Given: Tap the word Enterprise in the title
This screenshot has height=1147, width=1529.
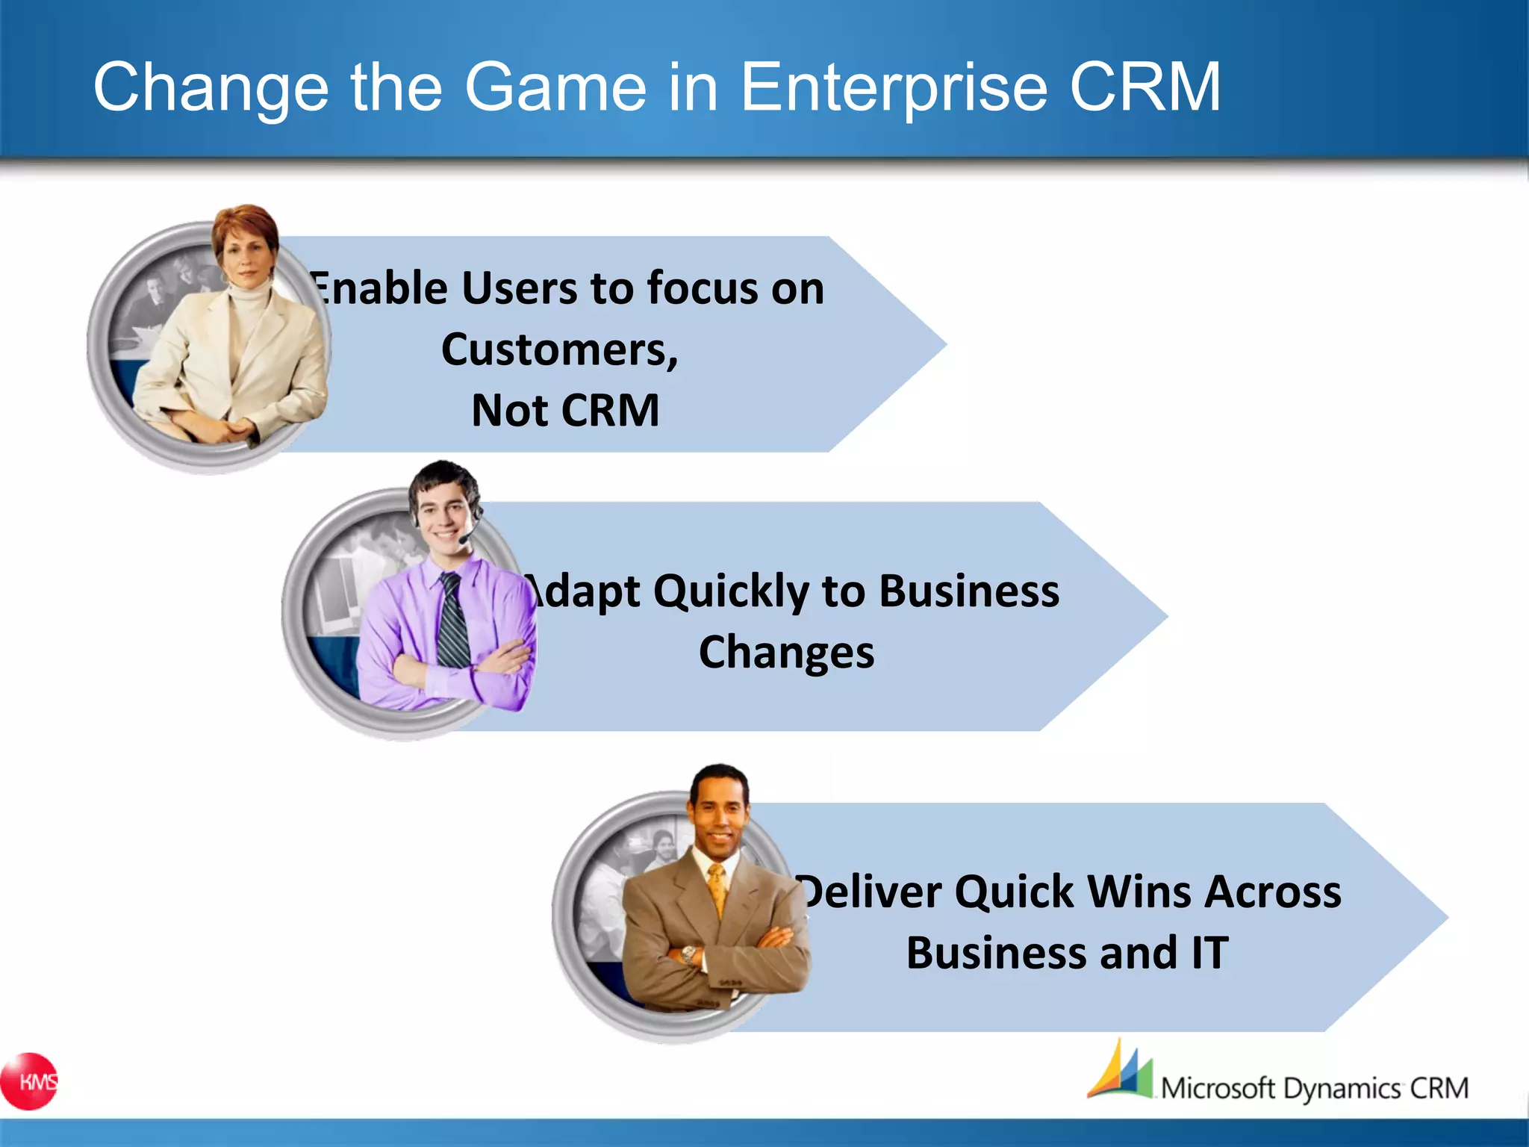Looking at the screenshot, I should click(894, 88).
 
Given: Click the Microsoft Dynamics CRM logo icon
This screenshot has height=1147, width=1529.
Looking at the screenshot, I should click(1120, 1072).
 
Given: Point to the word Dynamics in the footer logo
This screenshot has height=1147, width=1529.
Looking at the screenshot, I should click(1342, 1089).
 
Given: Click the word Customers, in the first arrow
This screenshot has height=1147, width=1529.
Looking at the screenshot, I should click(559, 349).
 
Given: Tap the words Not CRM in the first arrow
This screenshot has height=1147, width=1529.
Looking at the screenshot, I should click(565, 411).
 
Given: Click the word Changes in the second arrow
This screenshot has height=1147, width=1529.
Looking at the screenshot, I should click(786, 653).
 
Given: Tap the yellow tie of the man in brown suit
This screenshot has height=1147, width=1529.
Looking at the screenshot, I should click(717, 889).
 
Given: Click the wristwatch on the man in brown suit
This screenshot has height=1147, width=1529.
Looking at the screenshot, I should click(688, 954).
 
